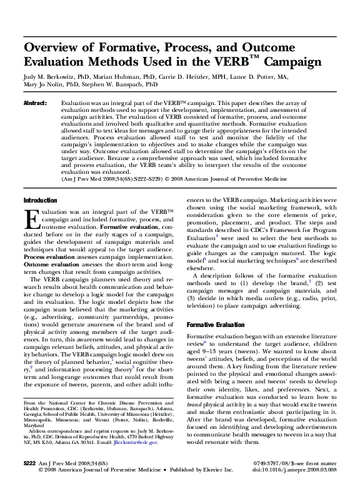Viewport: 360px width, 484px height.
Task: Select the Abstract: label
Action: click(36, 102)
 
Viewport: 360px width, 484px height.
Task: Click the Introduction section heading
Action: click(40, 199)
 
